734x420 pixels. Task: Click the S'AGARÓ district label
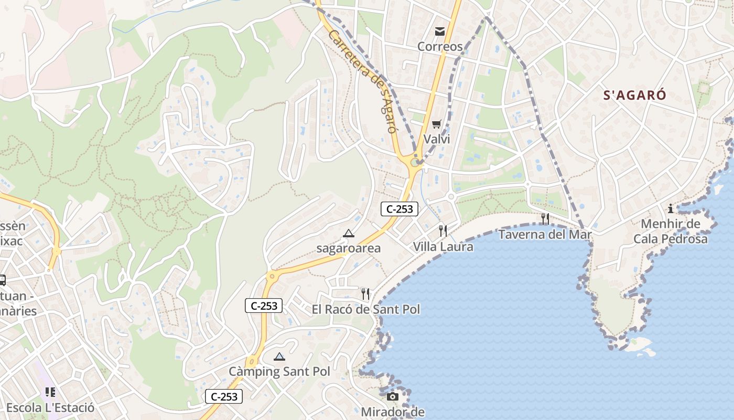click(x=634, y=95)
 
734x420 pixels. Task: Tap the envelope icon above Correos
click(x=440, y=32)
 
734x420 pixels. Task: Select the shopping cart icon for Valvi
click(x=436, y=124)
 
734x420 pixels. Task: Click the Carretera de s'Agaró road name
click(x=362, y=81)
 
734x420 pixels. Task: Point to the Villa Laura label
click(x=443, y=247)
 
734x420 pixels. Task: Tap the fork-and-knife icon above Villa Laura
click(x=443, y=230)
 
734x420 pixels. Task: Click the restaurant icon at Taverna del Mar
click(x=545, y=218)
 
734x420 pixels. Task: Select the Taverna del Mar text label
click(x=545, y=235)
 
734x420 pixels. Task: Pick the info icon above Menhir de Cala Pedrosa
click(x=671, y=208)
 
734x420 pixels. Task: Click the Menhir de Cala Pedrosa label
click(x=671, y=232)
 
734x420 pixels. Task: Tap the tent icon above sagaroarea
click(x=349, y=233)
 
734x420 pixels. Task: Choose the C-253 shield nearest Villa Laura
click(x=400, y=209)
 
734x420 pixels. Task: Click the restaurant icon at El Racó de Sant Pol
click(x=365, y=293)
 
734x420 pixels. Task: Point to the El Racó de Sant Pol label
click(x=366, y=309)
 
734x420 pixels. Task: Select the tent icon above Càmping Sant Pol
click(x=279, y=356)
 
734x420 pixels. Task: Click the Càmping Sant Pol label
click(x=279, y=372)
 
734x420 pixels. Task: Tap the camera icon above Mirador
click(x=393, y=396)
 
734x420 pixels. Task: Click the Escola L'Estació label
click(x=50, y=408)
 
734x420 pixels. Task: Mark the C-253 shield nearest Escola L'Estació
click(x=224, y=397)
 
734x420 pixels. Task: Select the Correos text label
click(x=440, y=47)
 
